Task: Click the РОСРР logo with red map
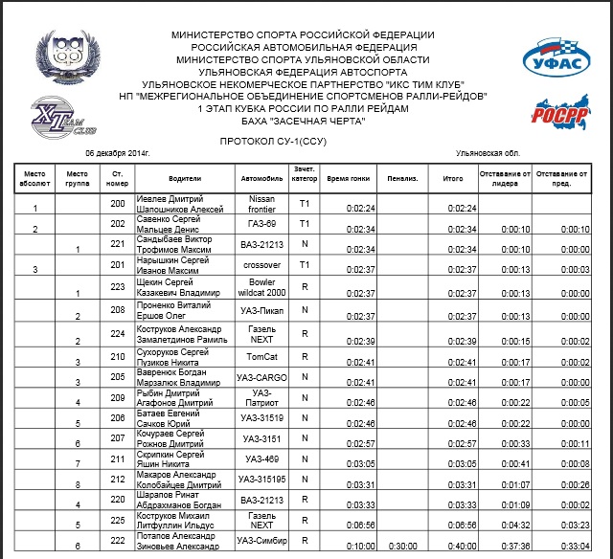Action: click(x=553, y=108)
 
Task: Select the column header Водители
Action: click(x=185, y=178)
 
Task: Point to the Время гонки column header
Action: click(x=349, y=178)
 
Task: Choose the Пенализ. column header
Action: click(x=402, y=178)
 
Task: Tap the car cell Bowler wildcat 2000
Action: click(x=261, y=287)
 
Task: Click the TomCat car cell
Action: click(x=261, y=356)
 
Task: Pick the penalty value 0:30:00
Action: click(x=402, y=546)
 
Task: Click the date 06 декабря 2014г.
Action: click(x=118, y=153)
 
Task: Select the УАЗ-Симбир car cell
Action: click(x=261, y=542)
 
